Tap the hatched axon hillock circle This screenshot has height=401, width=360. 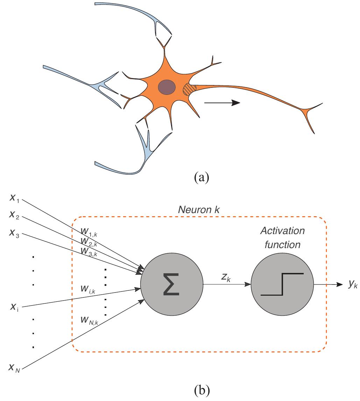[x=190, y=89]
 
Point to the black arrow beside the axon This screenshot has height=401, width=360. [x=222, y=103]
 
